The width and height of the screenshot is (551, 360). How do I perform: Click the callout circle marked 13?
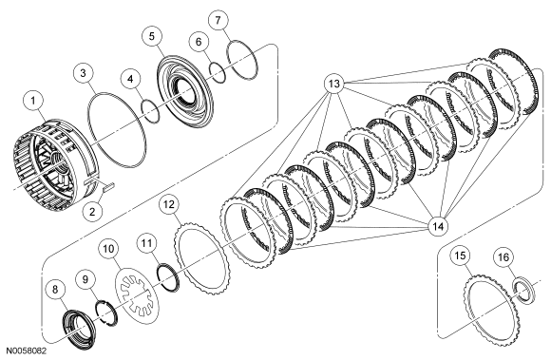(334, 83)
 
